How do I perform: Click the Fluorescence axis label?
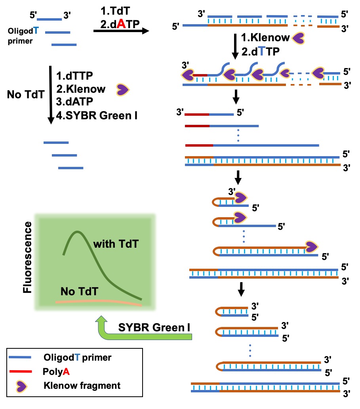coord(27,257)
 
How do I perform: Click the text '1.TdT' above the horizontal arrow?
coord(113,12)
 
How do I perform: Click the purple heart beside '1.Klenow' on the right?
coord(300,38)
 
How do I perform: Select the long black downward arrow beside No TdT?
coord(51,95)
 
